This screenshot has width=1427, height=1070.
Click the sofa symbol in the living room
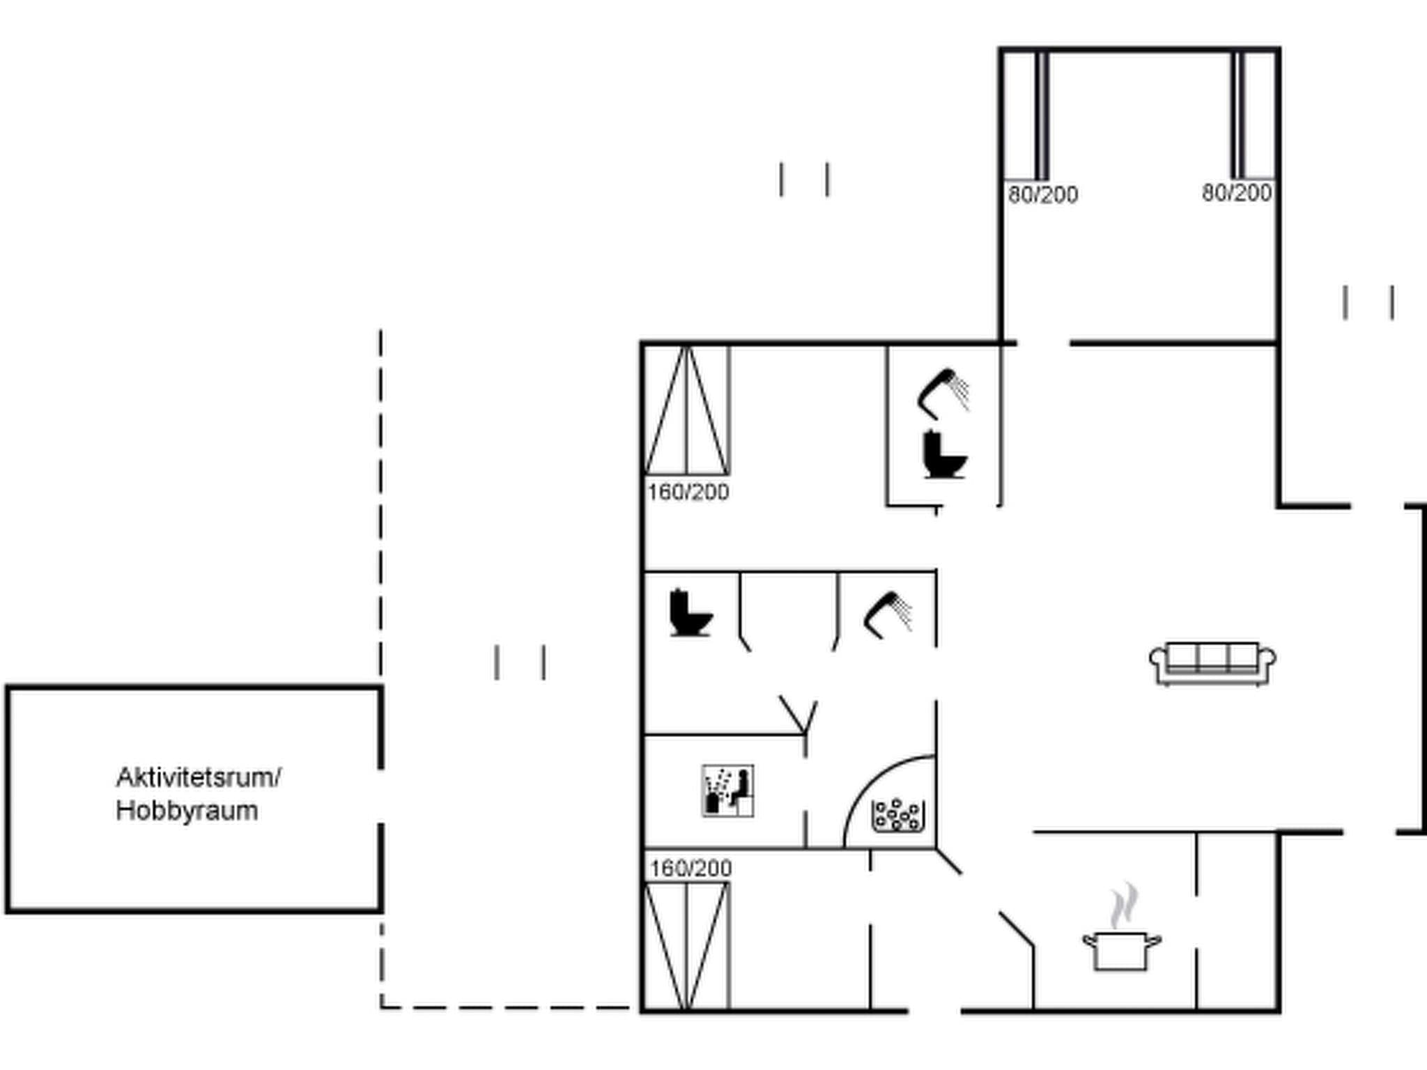click(x=1212, y=663)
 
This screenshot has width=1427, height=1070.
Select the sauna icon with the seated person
click(x=727, y=791)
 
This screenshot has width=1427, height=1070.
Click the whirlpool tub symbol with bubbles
click(x=897, y=815)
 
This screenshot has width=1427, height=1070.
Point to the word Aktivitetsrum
click(x=198, y=777)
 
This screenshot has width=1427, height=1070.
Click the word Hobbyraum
click(x=187, y=811)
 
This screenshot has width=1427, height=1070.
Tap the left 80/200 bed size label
click(x=1042, y=194)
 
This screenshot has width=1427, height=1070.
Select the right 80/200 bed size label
click(x=1237, y=193)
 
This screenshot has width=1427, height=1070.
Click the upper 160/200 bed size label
click(x=688, y=492)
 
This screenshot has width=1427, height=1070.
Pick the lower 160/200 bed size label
click(x=691, y=868)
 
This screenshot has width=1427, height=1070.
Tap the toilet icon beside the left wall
click(x=690, y=613)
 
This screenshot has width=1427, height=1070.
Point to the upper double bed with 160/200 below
click(x=687, y=411)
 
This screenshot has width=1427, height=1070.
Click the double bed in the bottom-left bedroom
click(x=687, y=946)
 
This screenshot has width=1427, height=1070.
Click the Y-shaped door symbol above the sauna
click(x=799, y=713)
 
